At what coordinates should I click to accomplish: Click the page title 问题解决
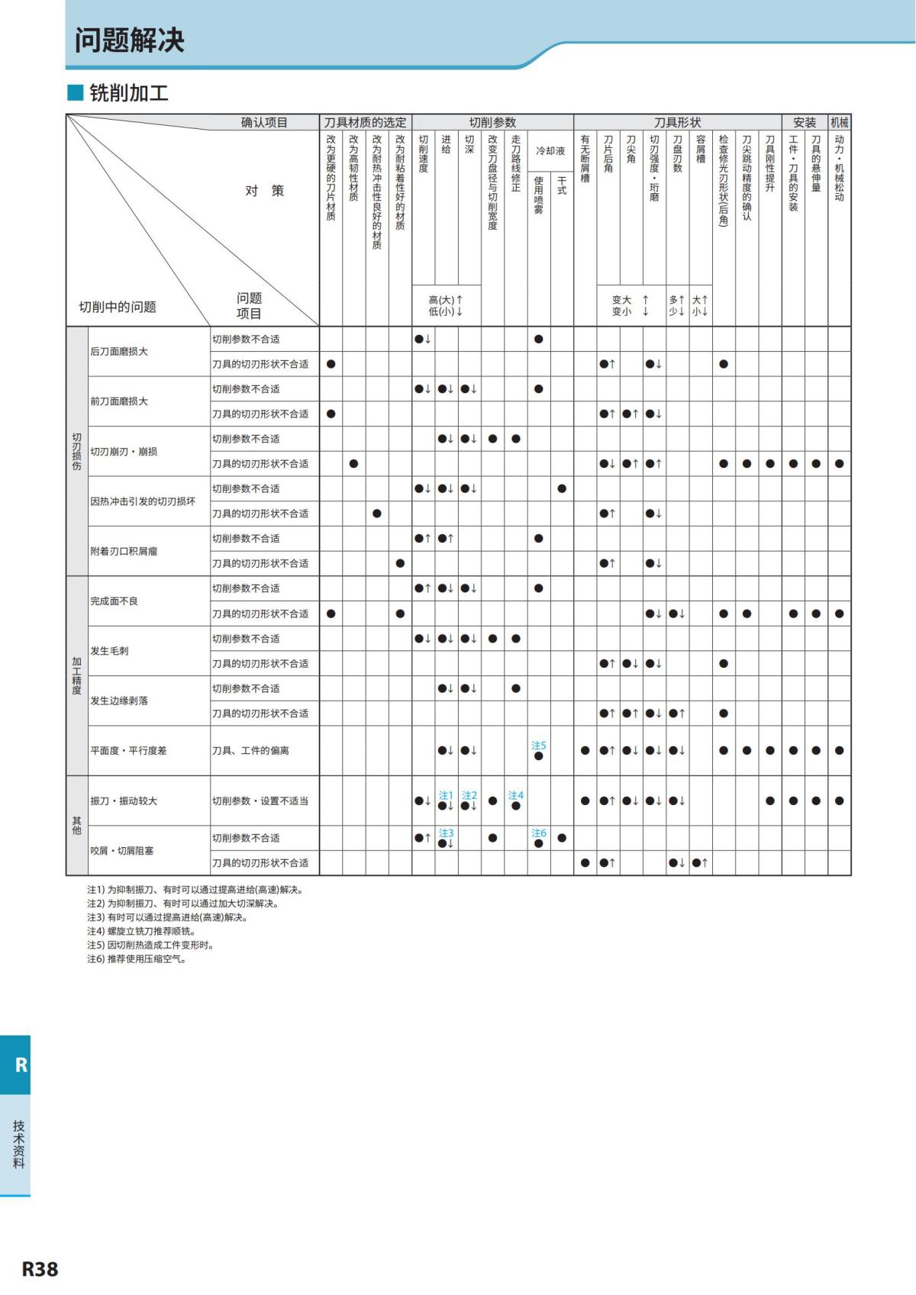(129, 40)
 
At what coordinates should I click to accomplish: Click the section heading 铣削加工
(128, 93)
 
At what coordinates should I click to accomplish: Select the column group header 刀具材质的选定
(365, 122)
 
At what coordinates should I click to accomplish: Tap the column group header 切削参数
(492, 122)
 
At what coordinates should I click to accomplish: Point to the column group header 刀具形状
(677, 122)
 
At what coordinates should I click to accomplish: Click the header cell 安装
(805, 122)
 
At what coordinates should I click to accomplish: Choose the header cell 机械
(839, 122)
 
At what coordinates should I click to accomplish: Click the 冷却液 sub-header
(550, 151)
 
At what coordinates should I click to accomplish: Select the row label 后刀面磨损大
(119, 352)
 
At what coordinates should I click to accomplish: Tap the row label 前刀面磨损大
(119, 401)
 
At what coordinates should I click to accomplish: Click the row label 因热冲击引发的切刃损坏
(143, 501)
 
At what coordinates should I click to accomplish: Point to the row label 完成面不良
(114, 601)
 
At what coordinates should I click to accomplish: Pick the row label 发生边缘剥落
(119, 701)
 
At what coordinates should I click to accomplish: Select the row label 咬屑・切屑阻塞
(122, 851)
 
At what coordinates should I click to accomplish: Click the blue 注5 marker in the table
(539, 746)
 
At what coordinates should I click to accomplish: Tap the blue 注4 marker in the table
(516, 795)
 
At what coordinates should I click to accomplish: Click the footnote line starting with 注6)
(137, 959)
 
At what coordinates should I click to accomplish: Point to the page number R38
(40, 1269)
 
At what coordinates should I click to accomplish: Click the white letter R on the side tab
(21, 1065)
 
